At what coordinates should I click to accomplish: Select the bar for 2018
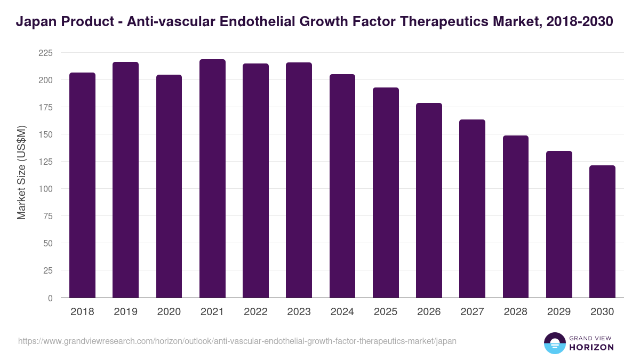click(83, 185)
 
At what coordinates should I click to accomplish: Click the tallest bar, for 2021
click(212, 179)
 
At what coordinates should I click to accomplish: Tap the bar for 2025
click(386, 193)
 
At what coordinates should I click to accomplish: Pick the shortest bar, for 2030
click(602, 231)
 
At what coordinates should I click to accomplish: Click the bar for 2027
click(472, 209)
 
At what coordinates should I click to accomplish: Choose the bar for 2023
click(299, 180)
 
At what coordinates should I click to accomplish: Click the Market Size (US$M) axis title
click(21, 172)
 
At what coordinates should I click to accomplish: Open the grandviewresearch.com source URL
click(237, 341)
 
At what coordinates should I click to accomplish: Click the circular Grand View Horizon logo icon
click(554, 343)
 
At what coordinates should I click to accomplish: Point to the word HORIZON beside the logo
click(591, 347)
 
